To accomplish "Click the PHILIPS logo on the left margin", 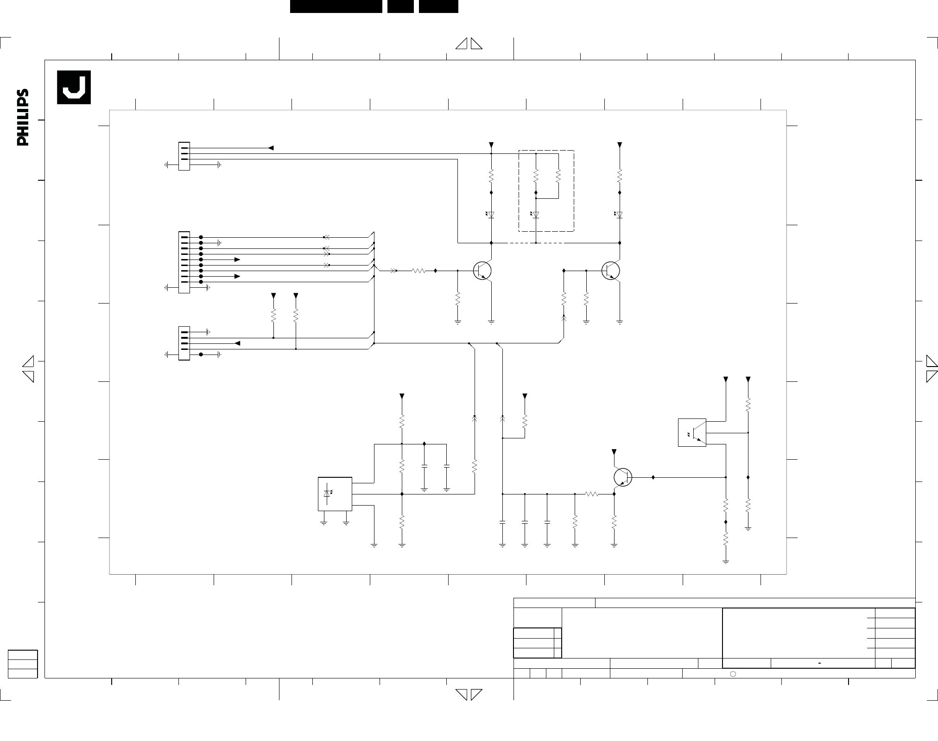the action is click(23, 117).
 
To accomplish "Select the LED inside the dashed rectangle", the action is click(536, 215).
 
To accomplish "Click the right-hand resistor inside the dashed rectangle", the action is click(558, 176).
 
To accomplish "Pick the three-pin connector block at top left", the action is click(184, 156).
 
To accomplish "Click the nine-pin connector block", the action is click(184, 262).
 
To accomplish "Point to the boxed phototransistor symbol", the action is click(692, 432).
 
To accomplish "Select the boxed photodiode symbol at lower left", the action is click(335, 494).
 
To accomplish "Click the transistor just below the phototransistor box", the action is click(623, 477).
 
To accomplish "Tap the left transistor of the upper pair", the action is click(482, 271).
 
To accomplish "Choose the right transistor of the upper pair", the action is click(611, 271).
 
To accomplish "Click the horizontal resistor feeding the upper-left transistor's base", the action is click(418, 271).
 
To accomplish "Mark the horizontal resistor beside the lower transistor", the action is click(592, 494).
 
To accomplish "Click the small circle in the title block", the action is click(733, 674).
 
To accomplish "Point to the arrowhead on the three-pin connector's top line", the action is click(271, 148).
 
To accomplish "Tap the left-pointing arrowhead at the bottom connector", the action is click(237, 343).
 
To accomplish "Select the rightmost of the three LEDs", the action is click(620, 215).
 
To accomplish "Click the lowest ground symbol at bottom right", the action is click(726, 562).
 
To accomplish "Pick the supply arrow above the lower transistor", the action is click(614, 452).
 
